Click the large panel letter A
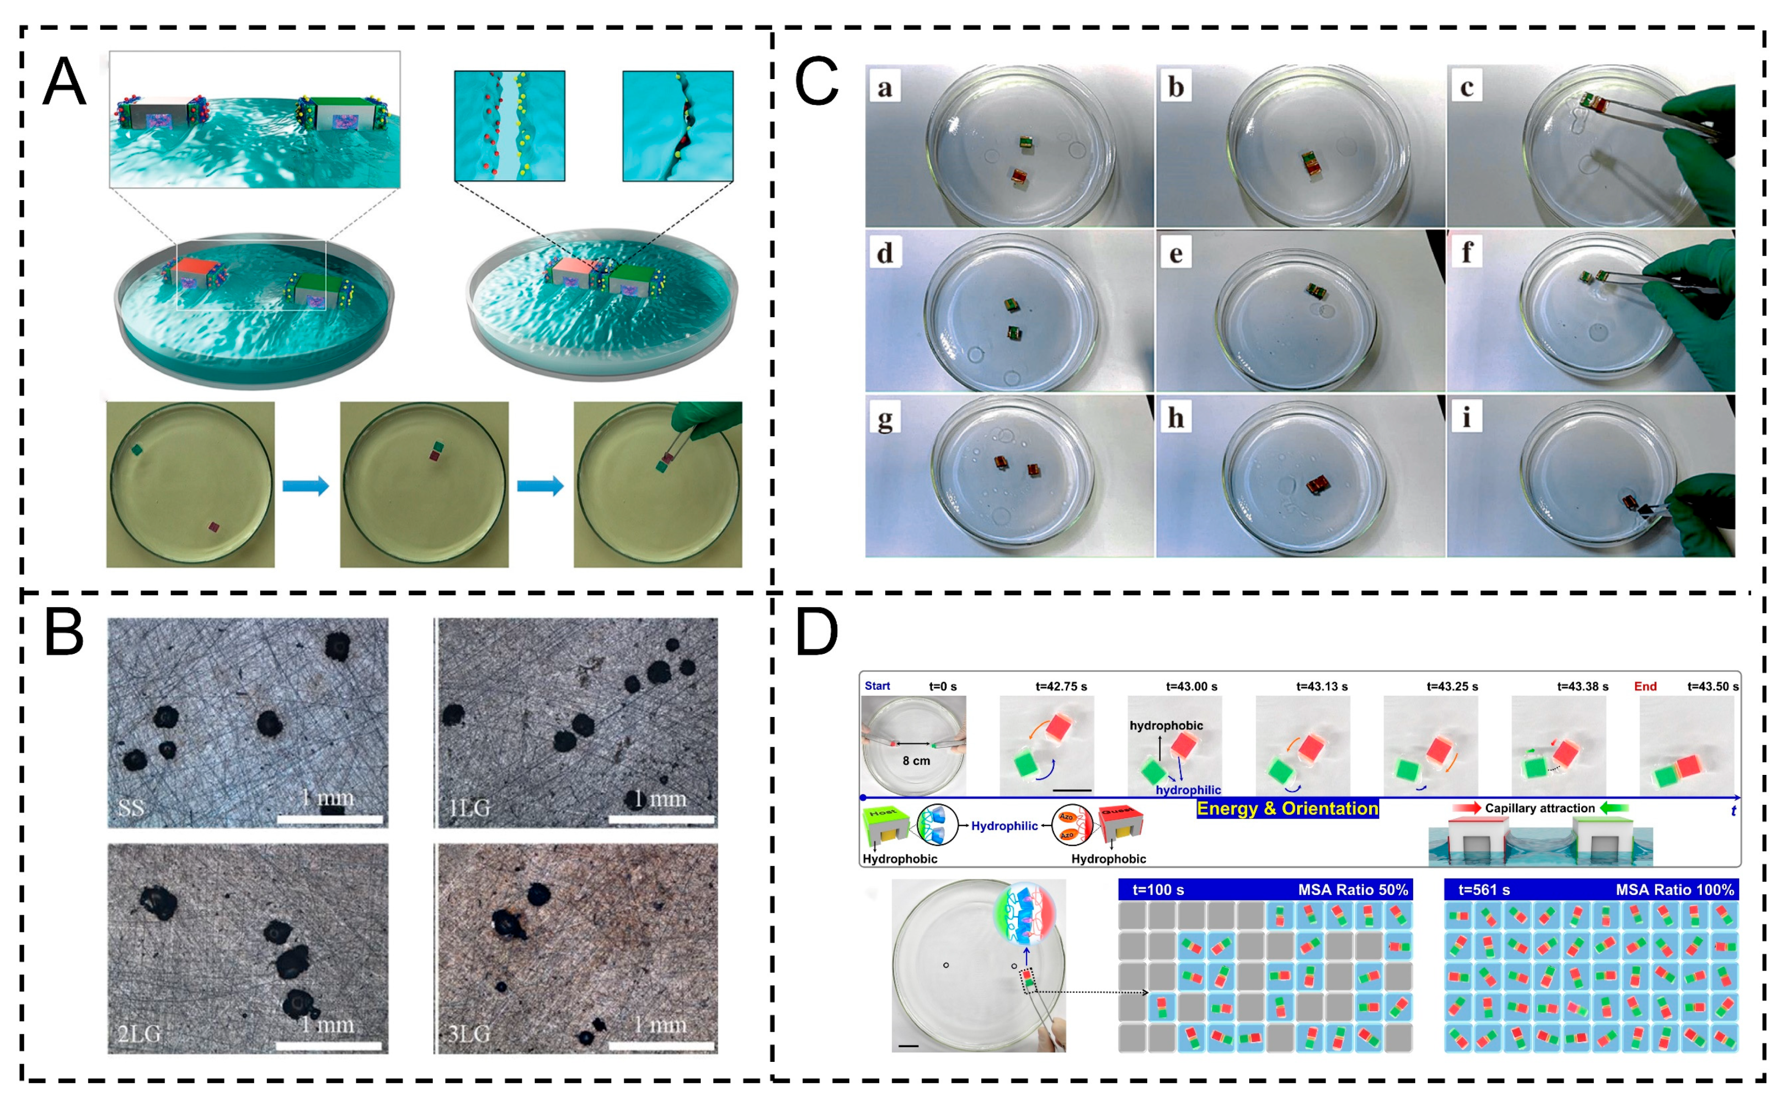click(64, 82)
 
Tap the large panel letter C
click(816, 82)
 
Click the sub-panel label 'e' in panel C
click(1176, 254)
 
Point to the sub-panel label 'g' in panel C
click(885, 419)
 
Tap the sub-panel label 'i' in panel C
click(1466, 417)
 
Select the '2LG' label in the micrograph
click(139, 1034)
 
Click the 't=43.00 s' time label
click(1191, 686)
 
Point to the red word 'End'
click(1645, 686)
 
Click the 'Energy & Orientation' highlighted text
click(1287, 808)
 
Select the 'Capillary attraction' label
click(1539, 808)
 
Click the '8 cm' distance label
click(916, 761)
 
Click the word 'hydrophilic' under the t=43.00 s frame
click(1188, 790)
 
